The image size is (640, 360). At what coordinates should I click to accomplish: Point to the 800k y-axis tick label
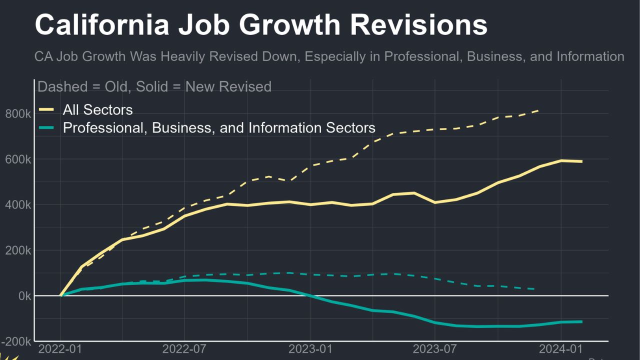[18, 114]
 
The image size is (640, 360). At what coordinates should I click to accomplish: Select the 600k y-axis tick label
[18, 159]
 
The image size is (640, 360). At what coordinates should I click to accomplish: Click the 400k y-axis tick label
[18, 205]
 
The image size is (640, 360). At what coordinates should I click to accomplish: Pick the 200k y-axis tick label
[18, 250]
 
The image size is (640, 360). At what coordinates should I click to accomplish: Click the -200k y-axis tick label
[16, 341]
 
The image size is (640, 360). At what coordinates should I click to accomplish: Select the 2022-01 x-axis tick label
[60, 349]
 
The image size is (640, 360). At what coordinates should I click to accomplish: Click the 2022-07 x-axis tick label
[185, 349]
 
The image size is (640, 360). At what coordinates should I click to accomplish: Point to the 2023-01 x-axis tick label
[310, 349]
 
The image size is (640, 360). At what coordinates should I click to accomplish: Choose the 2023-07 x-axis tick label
[435, 349]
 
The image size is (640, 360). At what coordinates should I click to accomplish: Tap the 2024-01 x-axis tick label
[561, 349]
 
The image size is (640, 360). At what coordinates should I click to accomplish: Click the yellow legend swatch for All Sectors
[46, 109]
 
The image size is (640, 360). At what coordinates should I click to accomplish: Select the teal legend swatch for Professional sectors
[46, 127]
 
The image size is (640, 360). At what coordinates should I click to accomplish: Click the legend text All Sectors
[97, 109]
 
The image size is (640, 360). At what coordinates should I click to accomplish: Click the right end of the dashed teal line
[535, 289]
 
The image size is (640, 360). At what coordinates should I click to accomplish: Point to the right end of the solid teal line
[581, 321]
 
